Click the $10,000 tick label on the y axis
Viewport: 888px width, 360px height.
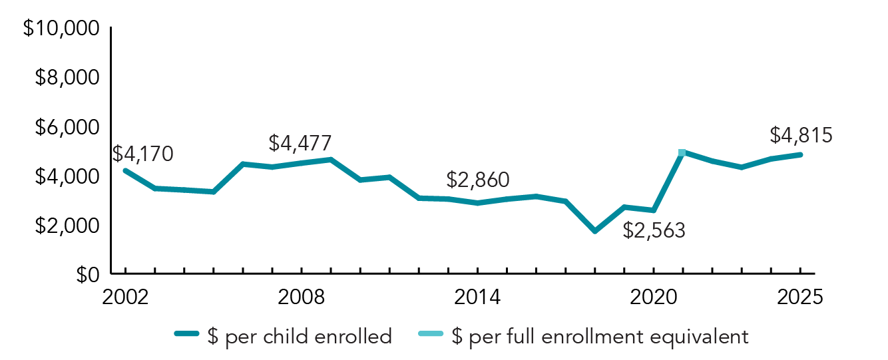click(61, 29)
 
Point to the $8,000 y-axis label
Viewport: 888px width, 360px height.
click(67, 79)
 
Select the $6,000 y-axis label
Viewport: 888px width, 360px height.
click(67, 128)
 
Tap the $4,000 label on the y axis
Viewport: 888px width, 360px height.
click(67, 177)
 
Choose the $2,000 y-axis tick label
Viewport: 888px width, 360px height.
click(67, 226)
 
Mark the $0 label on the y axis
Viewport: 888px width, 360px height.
click(85, 274)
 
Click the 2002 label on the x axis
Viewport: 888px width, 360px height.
click(125, 297)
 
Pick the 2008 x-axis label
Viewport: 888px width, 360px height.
click(302, 297)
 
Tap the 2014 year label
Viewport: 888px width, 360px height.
click(477, 297)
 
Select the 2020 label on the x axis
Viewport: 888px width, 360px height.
click(653, 297)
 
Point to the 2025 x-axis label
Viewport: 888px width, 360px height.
click(800, 297)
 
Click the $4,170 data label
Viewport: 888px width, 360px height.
click(142, 154)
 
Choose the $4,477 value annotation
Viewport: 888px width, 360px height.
click(300, 142)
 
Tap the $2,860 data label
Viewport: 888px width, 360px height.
click(477, 180)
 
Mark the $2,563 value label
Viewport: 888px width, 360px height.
click(654, 230)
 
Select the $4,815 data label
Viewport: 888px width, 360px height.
click(801, 135)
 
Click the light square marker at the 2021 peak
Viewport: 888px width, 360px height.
click(682, 153)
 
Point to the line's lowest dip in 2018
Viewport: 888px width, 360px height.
click(595, 231)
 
